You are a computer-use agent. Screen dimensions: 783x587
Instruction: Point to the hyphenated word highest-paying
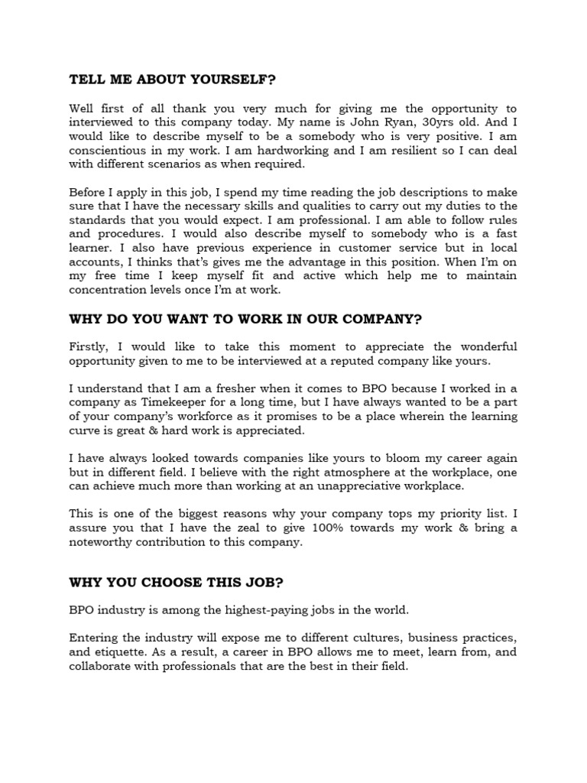[264, 609]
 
